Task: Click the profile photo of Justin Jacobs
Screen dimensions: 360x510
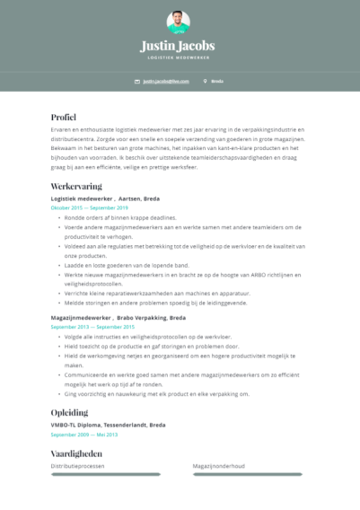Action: (178, 22)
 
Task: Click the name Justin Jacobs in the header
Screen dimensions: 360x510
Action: (178, 46)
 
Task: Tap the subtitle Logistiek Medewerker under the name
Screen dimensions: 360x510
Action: (178, 57)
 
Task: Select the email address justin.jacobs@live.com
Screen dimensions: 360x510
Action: (166, 81)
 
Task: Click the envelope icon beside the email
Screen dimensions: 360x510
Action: (137, 81)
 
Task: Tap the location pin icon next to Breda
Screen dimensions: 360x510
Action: (206, 81)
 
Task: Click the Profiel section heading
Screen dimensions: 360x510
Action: (64, 118)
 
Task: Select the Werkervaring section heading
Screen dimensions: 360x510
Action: (76, 186)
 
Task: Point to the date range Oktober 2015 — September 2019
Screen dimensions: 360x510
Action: (89, 207)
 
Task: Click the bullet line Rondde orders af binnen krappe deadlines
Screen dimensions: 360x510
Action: (120, 217)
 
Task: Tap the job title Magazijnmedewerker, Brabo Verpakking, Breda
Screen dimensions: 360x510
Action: (119, 318)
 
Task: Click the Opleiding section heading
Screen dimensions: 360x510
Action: (69, 411)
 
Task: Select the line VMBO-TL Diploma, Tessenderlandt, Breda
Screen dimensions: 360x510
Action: (109, 424)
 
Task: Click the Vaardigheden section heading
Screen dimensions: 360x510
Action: (78, 454)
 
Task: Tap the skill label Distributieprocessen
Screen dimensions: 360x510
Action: (77, 466)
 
